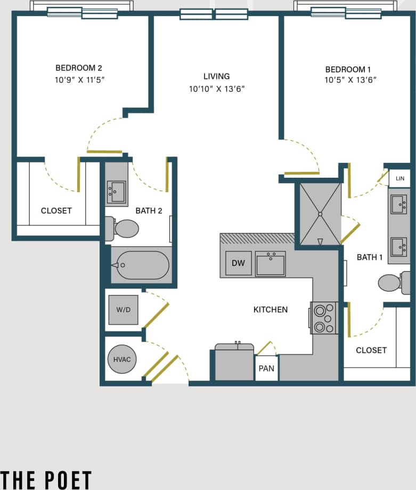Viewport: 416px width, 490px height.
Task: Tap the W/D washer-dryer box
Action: click(x=123, y=310)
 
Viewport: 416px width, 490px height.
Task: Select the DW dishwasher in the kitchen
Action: click(x=238, y=263)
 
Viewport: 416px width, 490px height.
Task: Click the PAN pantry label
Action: click(x=266, y=368)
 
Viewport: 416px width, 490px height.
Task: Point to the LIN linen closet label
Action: click(x=400, y=178)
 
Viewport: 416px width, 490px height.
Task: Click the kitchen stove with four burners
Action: click(x=324, y=318)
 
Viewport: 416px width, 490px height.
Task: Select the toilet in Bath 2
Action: click(x=123, y=228)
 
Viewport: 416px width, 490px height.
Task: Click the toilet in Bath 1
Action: click(x=393, y=282)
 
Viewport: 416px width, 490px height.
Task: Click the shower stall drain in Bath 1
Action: click(x=320, y=214)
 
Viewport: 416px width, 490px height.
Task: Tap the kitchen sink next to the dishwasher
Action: click(x=271, y=264)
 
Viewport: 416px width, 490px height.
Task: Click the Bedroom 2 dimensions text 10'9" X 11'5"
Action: click(x=78, y=80)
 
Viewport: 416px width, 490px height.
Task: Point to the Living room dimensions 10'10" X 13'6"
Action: click(x=216, y=89)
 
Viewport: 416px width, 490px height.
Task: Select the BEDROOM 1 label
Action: click(x=348, y=69)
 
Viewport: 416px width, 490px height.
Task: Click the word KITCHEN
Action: click(x=271, y=310)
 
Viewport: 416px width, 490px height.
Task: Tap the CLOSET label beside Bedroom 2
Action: click(x=56, y=211)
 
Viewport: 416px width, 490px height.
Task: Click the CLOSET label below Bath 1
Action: click(x=371, y=350)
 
